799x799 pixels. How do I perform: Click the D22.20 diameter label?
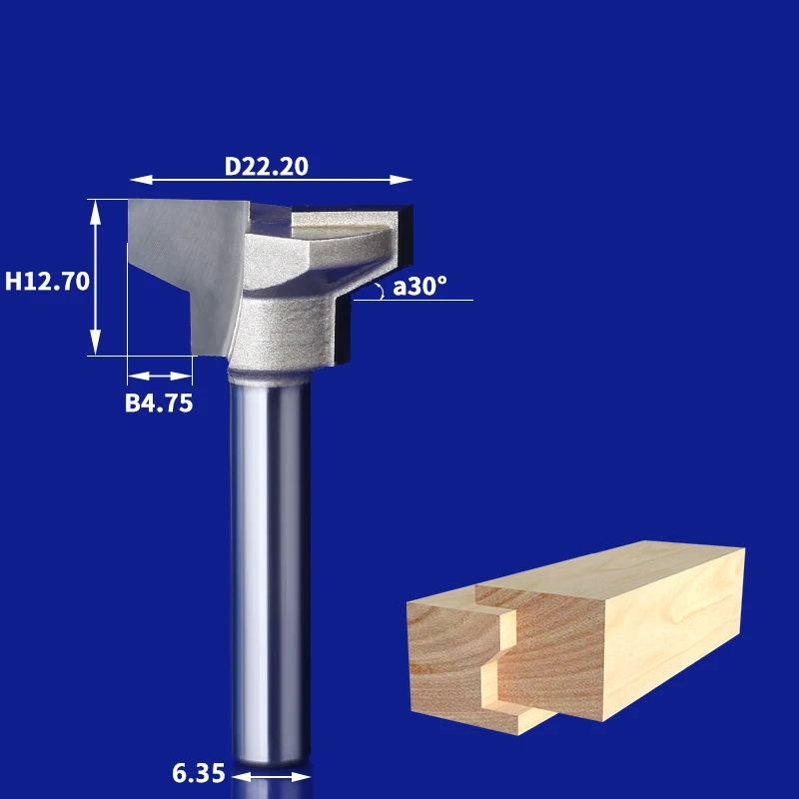click(x=267, y=166)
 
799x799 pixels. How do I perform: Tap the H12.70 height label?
click(x=47, y=281)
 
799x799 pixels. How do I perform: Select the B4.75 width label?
click(x=159, y=403)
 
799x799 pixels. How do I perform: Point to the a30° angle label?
click(x=419, y=286)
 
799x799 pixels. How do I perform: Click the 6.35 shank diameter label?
click(x=198, y=773)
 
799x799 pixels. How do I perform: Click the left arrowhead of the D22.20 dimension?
click(x=141, y=180)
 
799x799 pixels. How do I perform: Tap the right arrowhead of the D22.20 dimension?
click(x=401, y=180)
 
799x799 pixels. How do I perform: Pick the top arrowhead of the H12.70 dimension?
click(x=95, y=212)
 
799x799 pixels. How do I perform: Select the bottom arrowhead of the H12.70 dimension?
click(x=95, y=343)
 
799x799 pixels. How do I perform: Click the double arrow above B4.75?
click(x=160, y=377)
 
